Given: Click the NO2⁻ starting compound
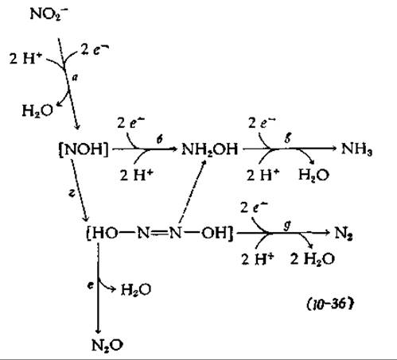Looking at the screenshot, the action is (x=49, y=14).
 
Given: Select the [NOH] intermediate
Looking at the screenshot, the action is (x=84, y=149).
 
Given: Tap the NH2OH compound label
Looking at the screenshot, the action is (x=210, y=149).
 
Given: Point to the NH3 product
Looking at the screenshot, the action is (x=357, y=149).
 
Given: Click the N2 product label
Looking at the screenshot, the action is (x=344, y=234).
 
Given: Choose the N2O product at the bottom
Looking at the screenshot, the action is (x=107, y=345).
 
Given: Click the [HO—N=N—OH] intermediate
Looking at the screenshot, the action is (x=160, y=233).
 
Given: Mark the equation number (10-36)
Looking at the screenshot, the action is (x=330, y=304).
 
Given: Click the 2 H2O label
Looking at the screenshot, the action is (x=313, y=259).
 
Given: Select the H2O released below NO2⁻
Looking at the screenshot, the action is (x=37, y=110).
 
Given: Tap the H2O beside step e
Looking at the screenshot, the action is (x=136, y=289).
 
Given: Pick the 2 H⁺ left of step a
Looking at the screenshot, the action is (x=25, y=58).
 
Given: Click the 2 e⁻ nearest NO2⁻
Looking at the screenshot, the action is (x=95, y=49).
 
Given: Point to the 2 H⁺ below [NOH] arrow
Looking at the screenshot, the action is (x=137, y=175).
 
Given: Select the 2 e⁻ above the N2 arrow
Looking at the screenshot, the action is (x=254, y=207).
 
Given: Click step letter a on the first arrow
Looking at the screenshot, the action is (x=76, y=78).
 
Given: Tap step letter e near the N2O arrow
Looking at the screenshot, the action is (x=91, y=285).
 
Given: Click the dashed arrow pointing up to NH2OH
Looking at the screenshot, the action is (x=193, y=192).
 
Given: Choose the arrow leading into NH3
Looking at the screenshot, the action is (x=290, y=149).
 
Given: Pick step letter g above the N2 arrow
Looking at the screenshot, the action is (x=287, y=226).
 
